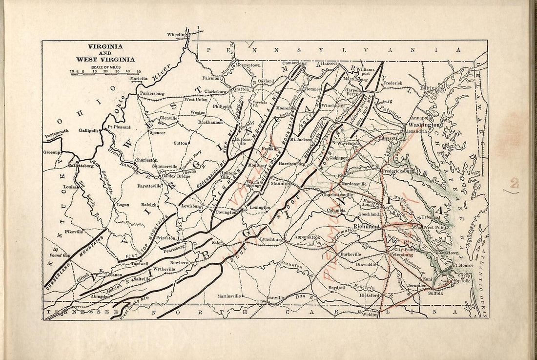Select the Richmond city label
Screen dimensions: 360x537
(366, 227)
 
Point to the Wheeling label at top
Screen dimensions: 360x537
(177, 35)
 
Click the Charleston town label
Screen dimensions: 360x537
(146, 160)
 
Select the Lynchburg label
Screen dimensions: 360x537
(271, 239)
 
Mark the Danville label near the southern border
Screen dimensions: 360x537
(275, 297)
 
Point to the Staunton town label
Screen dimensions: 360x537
(281, 184)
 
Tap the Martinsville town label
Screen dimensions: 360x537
(229, 296)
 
